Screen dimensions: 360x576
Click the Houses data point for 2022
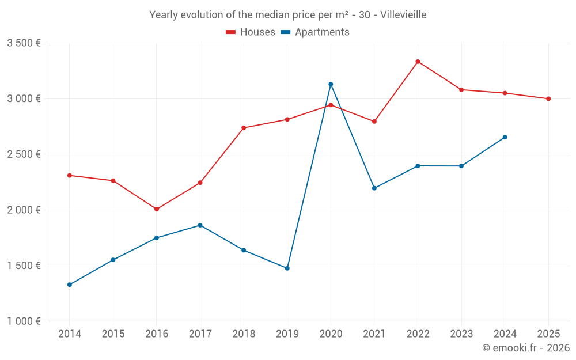click(418, 62)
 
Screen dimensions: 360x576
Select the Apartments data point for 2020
click(331, 84)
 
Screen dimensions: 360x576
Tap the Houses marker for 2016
click(157, 209)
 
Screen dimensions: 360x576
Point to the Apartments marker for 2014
click(70, 285)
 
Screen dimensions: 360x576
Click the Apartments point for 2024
click(505, 137)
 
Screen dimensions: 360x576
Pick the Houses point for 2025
click(548, 98)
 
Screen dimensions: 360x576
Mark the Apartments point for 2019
click(287, 268)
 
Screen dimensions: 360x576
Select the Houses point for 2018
click(244, 128)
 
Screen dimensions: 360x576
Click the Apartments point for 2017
click(200, 225)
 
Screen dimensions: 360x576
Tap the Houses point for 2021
click(374, 122)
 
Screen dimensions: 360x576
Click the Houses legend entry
click(251, 32)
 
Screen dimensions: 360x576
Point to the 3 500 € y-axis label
click(24, 43)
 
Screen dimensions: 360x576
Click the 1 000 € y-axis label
click(24, 321)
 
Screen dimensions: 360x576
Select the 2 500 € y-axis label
click(24, 154)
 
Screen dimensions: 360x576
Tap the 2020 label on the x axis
click(331, 334)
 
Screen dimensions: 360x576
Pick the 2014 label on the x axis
click(70, 334)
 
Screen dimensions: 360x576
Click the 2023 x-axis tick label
click(461, 334)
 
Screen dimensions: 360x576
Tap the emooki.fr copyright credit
click(526, 348)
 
